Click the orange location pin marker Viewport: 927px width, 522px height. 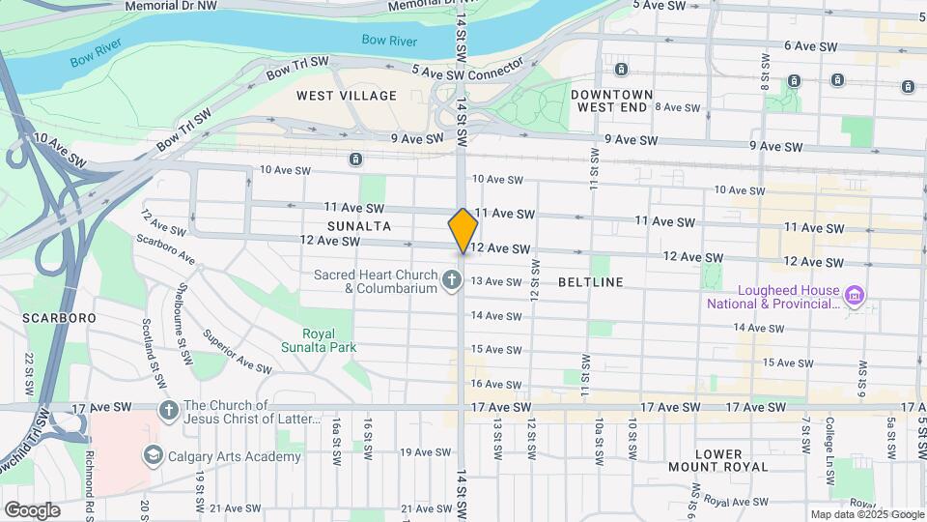463,230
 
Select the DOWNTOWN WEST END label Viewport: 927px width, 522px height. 612,101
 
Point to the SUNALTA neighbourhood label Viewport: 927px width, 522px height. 358,225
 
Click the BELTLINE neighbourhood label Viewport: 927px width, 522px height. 591,282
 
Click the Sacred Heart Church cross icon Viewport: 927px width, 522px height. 451,281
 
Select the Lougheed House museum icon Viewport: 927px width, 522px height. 853,294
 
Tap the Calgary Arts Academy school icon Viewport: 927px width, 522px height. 153,454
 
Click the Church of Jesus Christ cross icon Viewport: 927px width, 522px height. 169,411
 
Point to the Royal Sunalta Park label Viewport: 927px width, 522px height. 319,340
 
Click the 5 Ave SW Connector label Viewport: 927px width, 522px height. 466,71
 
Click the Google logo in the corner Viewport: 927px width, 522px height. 32,509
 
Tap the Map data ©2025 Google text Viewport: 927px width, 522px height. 866,514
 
